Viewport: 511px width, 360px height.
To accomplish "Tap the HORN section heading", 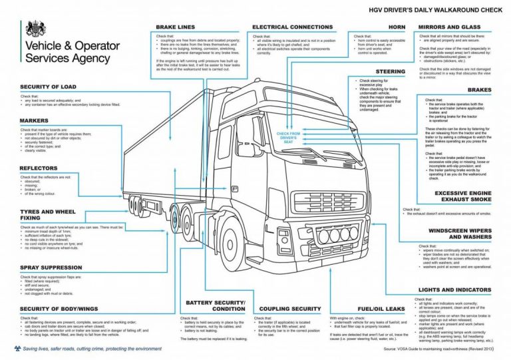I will coord(397,27).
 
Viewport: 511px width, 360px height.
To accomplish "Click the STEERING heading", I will coord(391,71).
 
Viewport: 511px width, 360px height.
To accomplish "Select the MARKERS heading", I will coord(34,120).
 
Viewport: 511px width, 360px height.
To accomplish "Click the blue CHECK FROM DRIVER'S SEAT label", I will coord(289,138).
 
